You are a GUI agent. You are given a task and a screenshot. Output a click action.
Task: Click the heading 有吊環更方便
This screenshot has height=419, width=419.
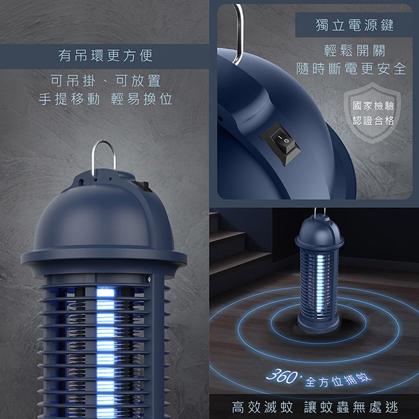(105, 55)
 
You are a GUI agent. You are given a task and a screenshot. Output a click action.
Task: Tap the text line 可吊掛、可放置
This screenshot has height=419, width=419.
(105, 81)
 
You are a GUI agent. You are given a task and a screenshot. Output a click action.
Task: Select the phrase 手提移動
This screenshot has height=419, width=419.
(69, 99)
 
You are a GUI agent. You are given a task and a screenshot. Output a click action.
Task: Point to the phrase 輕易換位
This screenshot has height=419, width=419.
(141, 99)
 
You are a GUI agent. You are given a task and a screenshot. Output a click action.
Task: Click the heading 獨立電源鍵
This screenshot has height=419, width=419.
(355, 25)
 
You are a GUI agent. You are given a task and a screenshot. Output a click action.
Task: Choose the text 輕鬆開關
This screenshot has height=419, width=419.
(355, 50)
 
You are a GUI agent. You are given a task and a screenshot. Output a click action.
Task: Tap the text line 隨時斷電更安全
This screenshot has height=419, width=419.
(351, 69)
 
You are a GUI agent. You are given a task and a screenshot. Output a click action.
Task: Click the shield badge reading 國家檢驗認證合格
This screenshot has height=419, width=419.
(373, 113)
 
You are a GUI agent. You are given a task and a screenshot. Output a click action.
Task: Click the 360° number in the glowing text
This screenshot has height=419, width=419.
(282, 376)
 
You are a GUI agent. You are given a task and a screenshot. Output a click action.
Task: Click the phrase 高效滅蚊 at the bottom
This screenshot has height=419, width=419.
(262, 407)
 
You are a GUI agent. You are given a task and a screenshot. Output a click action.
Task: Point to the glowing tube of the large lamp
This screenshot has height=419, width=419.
(105, 353)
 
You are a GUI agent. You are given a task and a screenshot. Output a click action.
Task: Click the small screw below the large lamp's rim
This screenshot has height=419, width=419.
(149, 279)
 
